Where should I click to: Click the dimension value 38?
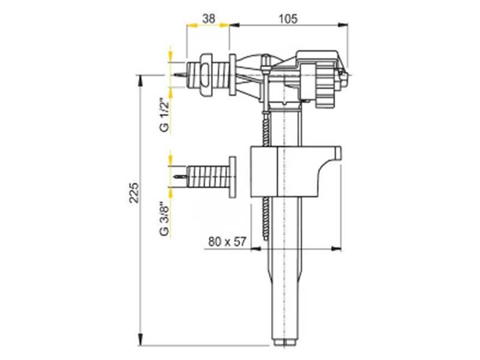(208, 19)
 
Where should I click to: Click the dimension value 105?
(289, 19)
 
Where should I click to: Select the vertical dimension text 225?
(135, 193)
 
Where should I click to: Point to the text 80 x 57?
(227, 242)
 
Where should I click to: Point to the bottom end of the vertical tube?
(286, 342)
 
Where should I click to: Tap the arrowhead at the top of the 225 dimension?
(140, 80)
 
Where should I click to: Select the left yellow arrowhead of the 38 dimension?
(190, 25)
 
